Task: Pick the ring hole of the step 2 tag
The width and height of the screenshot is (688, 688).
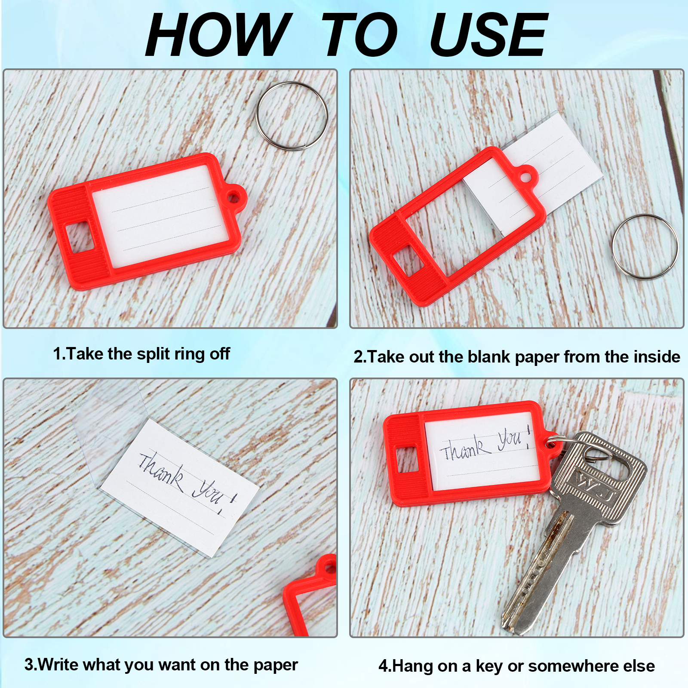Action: click(525, 177)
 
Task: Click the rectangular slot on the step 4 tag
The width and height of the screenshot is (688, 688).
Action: click(406, 460)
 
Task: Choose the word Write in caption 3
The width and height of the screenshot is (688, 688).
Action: click(58, 664)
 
